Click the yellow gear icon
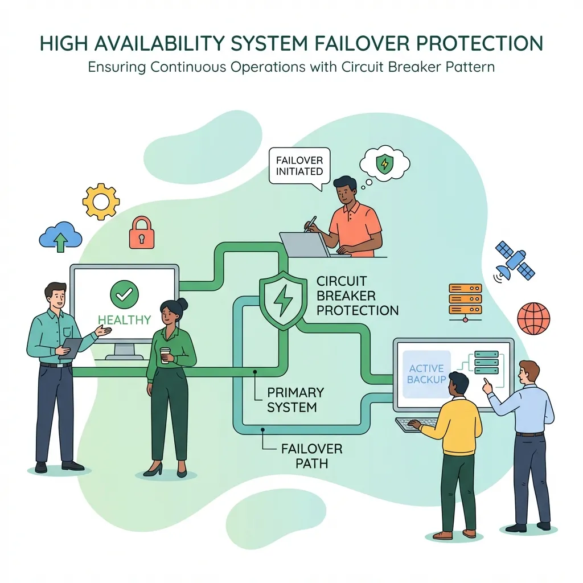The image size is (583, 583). [x=101, y=202]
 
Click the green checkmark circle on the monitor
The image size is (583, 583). [x=125, y=295]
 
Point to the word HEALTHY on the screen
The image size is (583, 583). [x=124, y=320]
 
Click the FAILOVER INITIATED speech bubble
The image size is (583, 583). [x=299, y=165]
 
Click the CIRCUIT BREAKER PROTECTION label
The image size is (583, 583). [x=356, y=296]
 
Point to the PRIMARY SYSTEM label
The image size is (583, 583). [x=295, y=400]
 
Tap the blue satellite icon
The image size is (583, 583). [x=514, y=261]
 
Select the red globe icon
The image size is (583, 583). [x=533, y=318]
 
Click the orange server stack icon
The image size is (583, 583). [x=465, y=300]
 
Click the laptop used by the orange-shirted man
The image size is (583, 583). [x=305, y=244]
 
